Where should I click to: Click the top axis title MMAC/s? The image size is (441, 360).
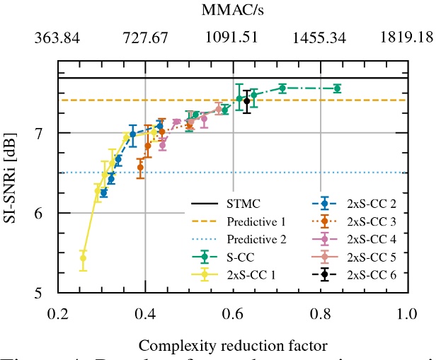click(x=234, y=11)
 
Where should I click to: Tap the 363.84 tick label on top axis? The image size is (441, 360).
click(x=58, y=37)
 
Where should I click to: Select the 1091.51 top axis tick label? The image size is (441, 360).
click(x=234, y=37)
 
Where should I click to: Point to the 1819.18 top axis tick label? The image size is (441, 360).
click(x=408, y=37)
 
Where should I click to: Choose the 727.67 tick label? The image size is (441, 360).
click(x=146, y=37)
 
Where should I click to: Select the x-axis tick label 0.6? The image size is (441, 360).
click(x=234, y=313)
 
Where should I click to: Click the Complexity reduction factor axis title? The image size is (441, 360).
click(x=233, y=346)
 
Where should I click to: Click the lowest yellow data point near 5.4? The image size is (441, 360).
click(x=83, y=258)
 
